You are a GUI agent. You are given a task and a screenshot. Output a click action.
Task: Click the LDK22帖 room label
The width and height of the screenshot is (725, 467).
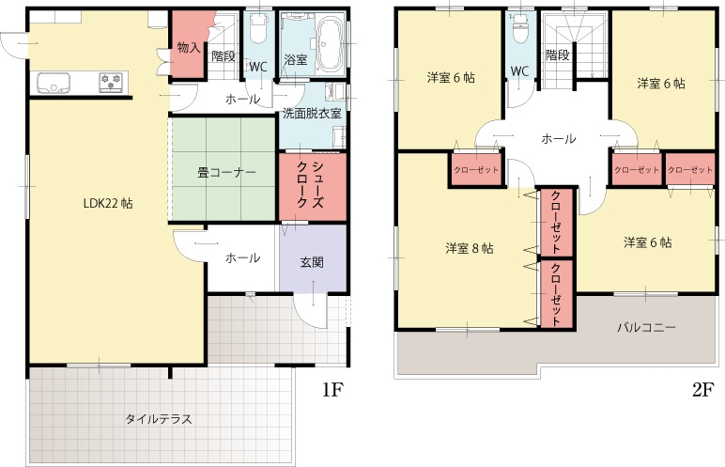click(x=108, y=203)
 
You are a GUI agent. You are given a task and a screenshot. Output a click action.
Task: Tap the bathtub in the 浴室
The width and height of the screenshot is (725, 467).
click(x=330, y=45)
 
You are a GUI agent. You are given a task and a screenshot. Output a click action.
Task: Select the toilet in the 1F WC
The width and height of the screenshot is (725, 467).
click(x=257, y=28)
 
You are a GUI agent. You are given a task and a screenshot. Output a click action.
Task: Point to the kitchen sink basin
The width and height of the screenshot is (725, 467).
click(x=54, y=83)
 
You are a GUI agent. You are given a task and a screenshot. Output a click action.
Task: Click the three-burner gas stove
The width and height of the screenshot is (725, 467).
click(x=113, y=82)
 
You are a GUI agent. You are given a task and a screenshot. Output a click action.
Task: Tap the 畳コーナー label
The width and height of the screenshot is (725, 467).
click(x=226, y=173)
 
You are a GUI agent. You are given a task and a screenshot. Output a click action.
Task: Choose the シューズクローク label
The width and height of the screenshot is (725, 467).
click(x=310, y=185)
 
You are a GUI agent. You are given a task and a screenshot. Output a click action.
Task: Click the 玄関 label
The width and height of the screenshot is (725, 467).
click(x=312, y=262)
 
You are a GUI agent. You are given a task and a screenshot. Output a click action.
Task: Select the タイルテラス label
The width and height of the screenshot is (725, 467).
click(x=159, y=419)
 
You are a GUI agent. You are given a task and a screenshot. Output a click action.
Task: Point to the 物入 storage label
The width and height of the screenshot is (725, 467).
click(x=189, y=47)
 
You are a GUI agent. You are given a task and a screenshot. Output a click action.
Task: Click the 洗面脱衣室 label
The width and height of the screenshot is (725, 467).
click(x=312, y=114)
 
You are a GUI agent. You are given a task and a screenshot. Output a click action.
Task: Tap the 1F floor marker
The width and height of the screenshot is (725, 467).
click(x=332, y=390)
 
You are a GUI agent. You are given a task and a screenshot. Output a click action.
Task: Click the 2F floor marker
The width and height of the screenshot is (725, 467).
click(x=703, y=390)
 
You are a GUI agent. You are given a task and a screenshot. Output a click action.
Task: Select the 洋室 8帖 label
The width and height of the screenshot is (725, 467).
click(x=470, y=249)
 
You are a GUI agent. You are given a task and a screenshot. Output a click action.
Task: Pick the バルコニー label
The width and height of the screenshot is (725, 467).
click(x=647, y=328)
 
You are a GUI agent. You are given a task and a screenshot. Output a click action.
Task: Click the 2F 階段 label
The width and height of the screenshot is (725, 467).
click(x=557, y=55)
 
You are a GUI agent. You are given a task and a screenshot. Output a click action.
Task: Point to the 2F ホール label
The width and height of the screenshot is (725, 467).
click(x=559, y=138)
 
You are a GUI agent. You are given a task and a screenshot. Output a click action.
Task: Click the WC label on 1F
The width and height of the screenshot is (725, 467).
click(x=258, y=67)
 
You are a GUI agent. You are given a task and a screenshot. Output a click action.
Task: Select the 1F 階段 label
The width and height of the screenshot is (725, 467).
click(x=224, y=56)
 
